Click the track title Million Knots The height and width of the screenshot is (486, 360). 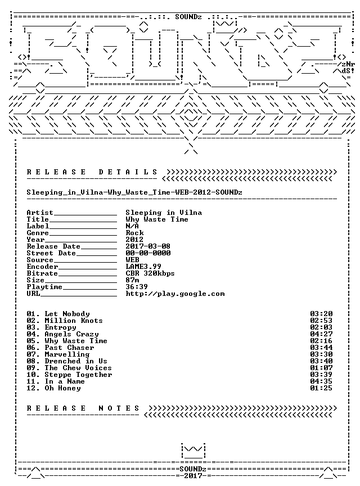pos(74,321)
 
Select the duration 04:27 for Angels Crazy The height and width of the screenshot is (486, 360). pos(321,334)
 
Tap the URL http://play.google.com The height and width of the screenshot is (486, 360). pos(175,294)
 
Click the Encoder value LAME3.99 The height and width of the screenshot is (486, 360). pos(143,267)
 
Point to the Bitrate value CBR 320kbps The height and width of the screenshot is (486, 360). pos(150,273)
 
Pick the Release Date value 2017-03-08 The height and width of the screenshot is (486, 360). pos(148,246)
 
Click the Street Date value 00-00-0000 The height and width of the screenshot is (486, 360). pos(148,253)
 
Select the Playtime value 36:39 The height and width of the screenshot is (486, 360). pos(137,287)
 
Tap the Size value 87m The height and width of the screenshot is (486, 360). pos(132,280)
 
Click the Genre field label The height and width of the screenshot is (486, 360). pos(38,233)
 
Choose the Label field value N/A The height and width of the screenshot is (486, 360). pos(132,226)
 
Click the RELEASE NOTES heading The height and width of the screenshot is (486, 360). pos(83,408)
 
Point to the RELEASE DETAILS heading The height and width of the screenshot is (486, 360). pos(92,172)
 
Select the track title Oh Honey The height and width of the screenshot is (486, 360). pos(62,388)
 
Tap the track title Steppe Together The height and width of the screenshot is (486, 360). pos(78,375)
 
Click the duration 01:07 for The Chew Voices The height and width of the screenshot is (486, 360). pos(321,368)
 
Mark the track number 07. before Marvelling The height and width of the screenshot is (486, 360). pos(33,354)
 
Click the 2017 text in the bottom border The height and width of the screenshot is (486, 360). pos(193,476)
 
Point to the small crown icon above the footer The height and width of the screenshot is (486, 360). pos(193,451)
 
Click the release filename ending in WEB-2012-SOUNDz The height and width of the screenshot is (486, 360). pos(134,192)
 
